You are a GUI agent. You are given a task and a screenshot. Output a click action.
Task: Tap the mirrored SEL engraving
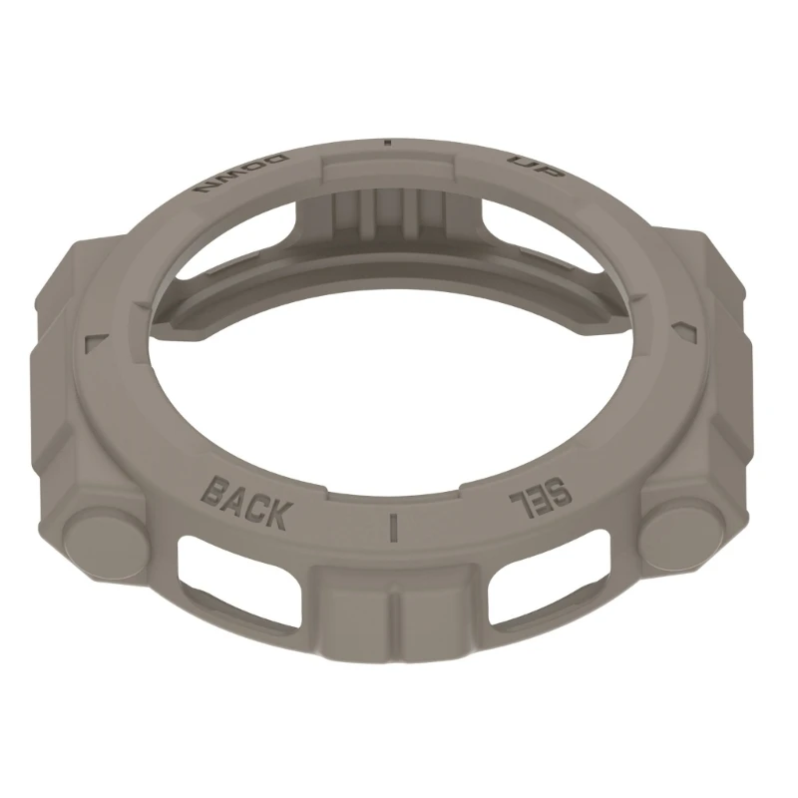click(x=542, y=497)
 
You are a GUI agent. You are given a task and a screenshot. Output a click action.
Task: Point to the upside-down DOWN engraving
click(x=241, y=174)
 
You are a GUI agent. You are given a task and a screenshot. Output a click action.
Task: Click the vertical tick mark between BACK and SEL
click(x=392, y=527)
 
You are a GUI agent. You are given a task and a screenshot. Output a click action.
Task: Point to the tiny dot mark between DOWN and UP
click(x=388, y=143)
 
